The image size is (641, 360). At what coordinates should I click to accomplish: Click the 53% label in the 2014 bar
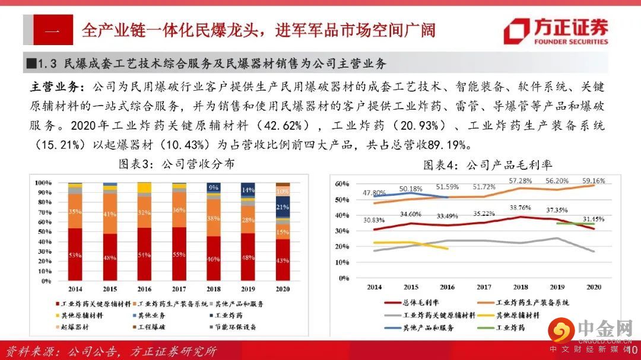(x=75, y=255)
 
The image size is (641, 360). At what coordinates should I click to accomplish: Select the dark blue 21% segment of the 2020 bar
(x=283, y=207)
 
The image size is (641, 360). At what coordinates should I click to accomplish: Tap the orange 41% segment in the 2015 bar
(x=109, y=214)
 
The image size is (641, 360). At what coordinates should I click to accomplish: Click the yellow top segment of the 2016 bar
(x=144, y=188)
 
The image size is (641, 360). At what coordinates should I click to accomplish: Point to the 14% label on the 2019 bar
(x=248, y=190)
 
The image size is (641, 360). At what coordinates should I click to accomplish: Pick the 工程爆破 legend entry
(x=153, y=327)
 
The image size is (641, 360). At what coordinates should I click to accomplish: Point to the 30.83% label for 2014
(x=375, y=219)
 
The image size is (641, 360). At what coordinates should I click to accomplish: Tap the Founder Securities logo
(x=556, y=31)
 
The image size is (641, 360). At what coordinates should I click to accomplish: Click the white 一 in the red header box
(x=53, y=30)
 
